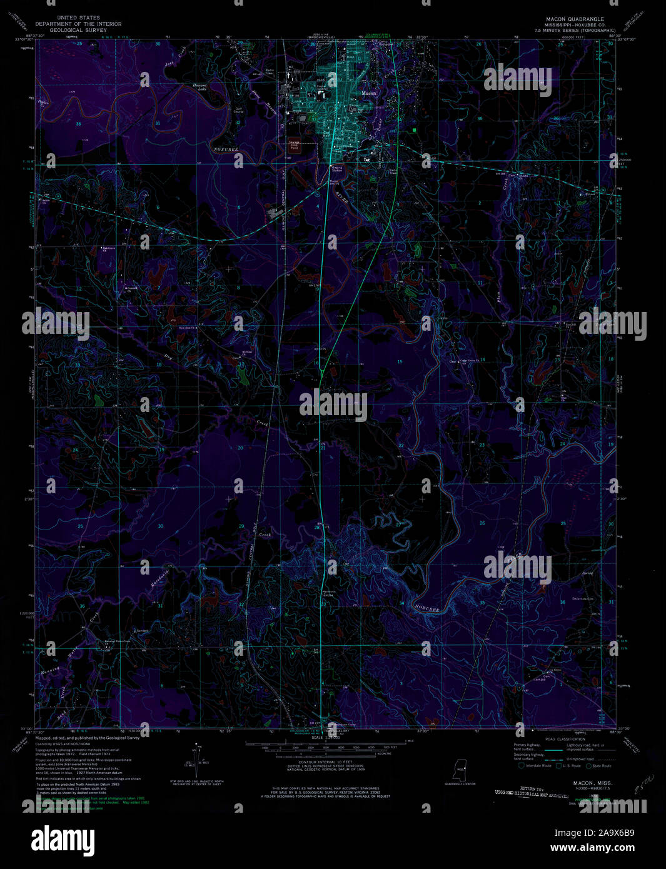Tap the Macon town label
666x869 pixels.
[370, 93]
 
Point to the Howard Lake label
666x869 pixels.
[199, 87]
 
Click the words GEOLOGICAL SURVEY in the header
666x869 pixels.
[78, 29]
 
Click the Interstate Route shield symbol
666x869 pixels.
[521, 765]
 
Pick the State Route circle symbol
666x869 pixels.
[589, 765]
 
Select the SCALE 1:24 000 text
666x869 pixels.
[325, 738]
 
